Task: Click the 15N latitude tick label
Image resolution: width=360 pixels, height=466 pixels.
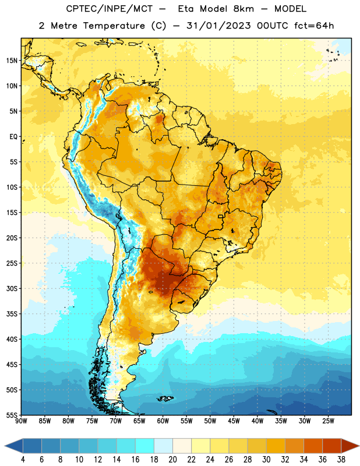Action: (x=12, y=61)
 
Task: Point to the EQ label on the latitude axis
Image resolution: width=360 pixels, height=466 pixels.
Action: (x=13, y=137)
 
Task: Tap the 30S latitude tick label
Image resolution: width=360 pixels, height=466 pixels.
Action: (x=12, y=288)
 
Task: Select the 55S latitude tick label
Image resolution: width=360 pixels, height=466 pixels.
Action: (x=12, y=415)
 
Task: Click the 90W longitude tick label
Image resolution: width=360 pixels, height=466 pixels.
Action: (x=21, y=421)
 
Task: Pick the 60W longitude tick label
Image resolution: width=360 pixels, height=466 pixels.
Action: (x=163, y=421)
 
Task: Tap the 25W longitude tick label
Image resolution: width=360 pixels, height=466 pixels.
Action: (x=328, y=421)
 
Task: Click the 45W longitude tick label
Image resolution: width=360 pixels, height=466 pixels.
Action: (x=234, y=421)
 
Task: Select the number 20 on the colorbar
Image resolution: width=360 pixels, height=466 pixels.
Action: (x=172, y=460)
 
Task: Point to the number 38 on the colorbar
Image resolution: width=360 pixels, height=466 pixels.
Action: (x=341, y=460)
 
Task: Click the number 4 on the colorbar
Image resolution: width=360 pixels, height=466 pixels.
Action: (x=23, y=460)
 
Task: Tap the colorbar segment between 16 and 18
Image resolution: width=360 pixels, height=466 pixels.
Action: (x=144, y=446)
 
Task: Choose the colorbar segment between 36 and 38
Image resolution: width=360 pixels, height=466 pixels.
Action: (x=332, y=446)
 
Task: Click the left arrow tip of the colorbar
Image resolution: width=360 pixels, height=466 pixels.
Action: (x=5, y=446)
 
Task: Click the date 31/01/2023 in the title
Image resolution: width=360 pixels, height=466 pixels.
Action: (x=218, y=26)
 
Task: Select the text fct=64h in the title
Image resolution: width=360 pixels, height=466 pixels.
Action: (x=314, y=26)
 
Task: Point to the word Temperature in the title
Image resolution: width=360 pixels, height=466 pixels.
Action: (x=114, y=26)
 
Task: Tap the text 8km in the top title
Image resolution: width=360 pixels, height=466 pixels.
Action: (x=243, y=9)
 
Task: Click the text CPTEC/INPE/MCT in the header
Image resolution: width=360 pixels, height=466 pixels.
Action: (x=109, y=9)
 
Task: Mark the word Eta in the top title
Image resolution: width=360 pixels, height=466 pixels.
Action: (x=185, y=9)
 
